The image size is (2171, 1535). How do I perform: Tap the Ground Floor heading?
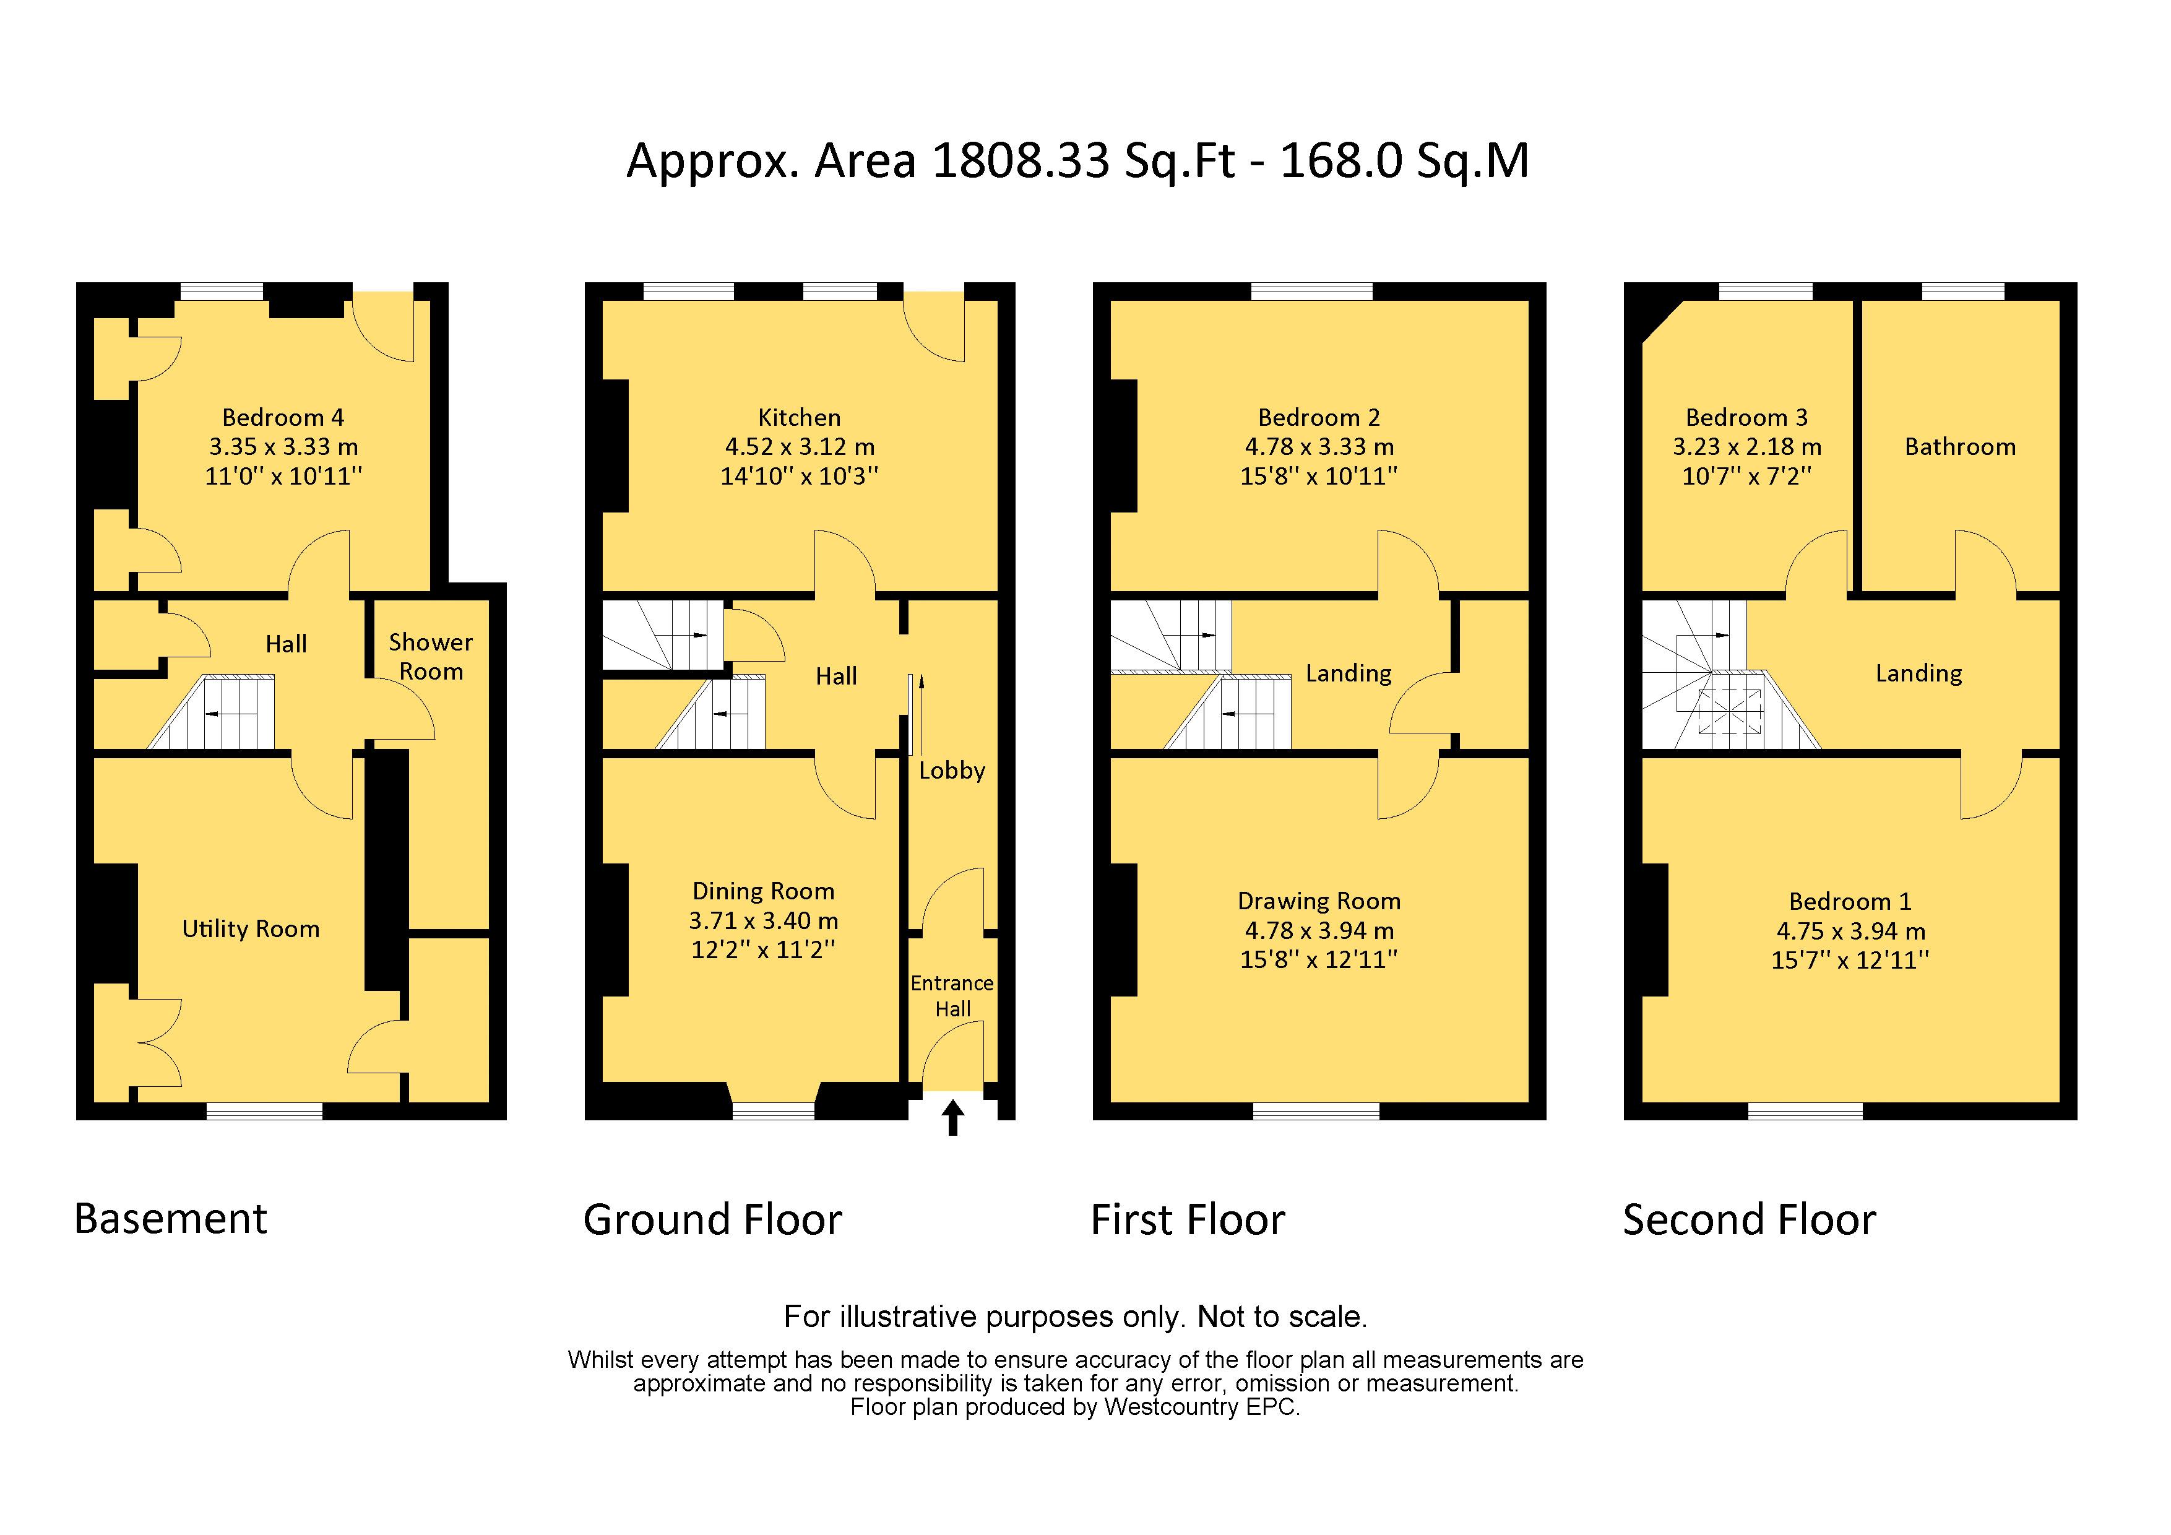(x=712, y=1219)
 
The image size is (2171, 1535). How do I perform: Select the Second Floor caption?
(x=1750, y=1219)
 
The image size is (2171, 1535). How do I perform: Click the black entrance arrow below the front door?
(x=953, y=1117)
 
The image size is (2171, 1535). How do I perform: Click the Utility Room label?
(x=251, y=929)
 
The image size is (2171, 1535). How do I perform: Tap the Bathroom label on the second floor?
(x=1960, y=446)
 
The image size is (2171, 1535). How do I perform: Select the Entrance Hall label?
(x=952, y=996)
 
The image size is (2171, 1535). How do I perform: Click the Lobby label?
(x=952, y=771)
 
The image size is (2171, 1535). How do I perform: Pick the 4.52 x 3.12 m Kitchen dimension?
(x=800, y=446)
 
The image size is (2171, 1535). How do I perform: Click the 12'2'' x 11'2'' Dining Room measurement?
(x=763, y=949)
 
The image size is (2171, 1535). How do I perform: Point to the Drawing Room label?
(x=1319, y=901)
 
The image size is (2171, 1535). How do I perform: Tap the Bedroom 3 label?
(x=1746, y=417)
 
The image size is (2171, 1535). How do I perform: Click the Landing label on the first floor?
(x=1349, y=673)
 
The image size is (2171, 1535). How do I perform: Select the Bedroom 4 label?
(x=283, y=417)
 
